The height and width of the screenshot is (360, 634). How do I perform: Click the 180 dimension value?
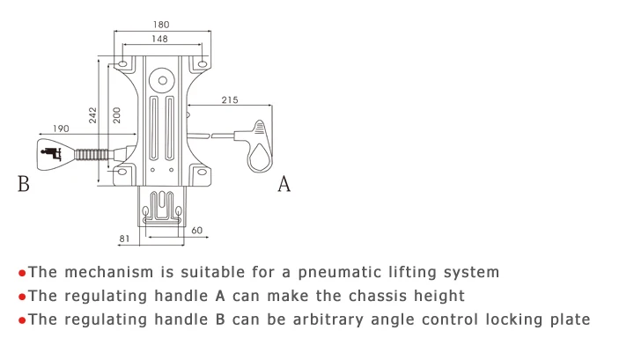(161, 25)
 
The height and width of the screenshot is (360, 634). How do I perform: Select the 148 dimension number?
(159, 39)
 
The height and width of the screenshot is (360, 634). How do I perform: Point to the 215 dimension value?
(230, 99)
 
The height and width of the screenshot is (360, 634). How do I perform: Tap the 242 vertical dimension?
(93, 115)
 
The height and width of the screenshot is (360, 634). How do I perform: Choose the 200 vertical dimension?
(117, 115)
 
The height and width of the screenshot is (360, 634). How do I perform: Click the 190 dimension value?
(61, 129)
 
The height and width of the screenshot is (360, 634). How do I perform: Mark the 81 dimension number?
(124, 239)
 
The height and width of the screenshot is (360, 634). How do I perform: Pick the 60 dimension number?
(197, 231)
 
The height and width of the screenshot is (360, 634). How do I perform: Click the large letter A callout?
(284, 184)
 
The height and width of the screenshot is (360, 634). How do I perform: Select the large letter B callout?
(24, 184)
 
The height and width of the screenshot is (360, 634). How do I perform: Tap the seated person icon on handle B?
(51, 153)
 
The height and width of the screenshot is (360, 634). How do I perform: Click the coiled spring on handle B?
(92, 155)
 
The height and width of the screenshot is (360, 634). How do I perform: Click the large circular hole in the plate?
(163, 80)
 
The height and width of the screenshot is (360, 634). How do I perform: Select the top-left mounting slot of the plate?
(122, 64)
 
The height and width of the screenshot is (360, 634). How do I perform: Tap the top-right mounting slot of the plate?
(203, 64)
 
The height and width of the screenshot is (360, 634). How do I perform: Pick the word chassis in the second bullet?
(378, 296)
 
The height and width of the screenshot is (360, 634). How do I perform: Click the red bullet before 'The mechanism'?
(22, 274)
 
